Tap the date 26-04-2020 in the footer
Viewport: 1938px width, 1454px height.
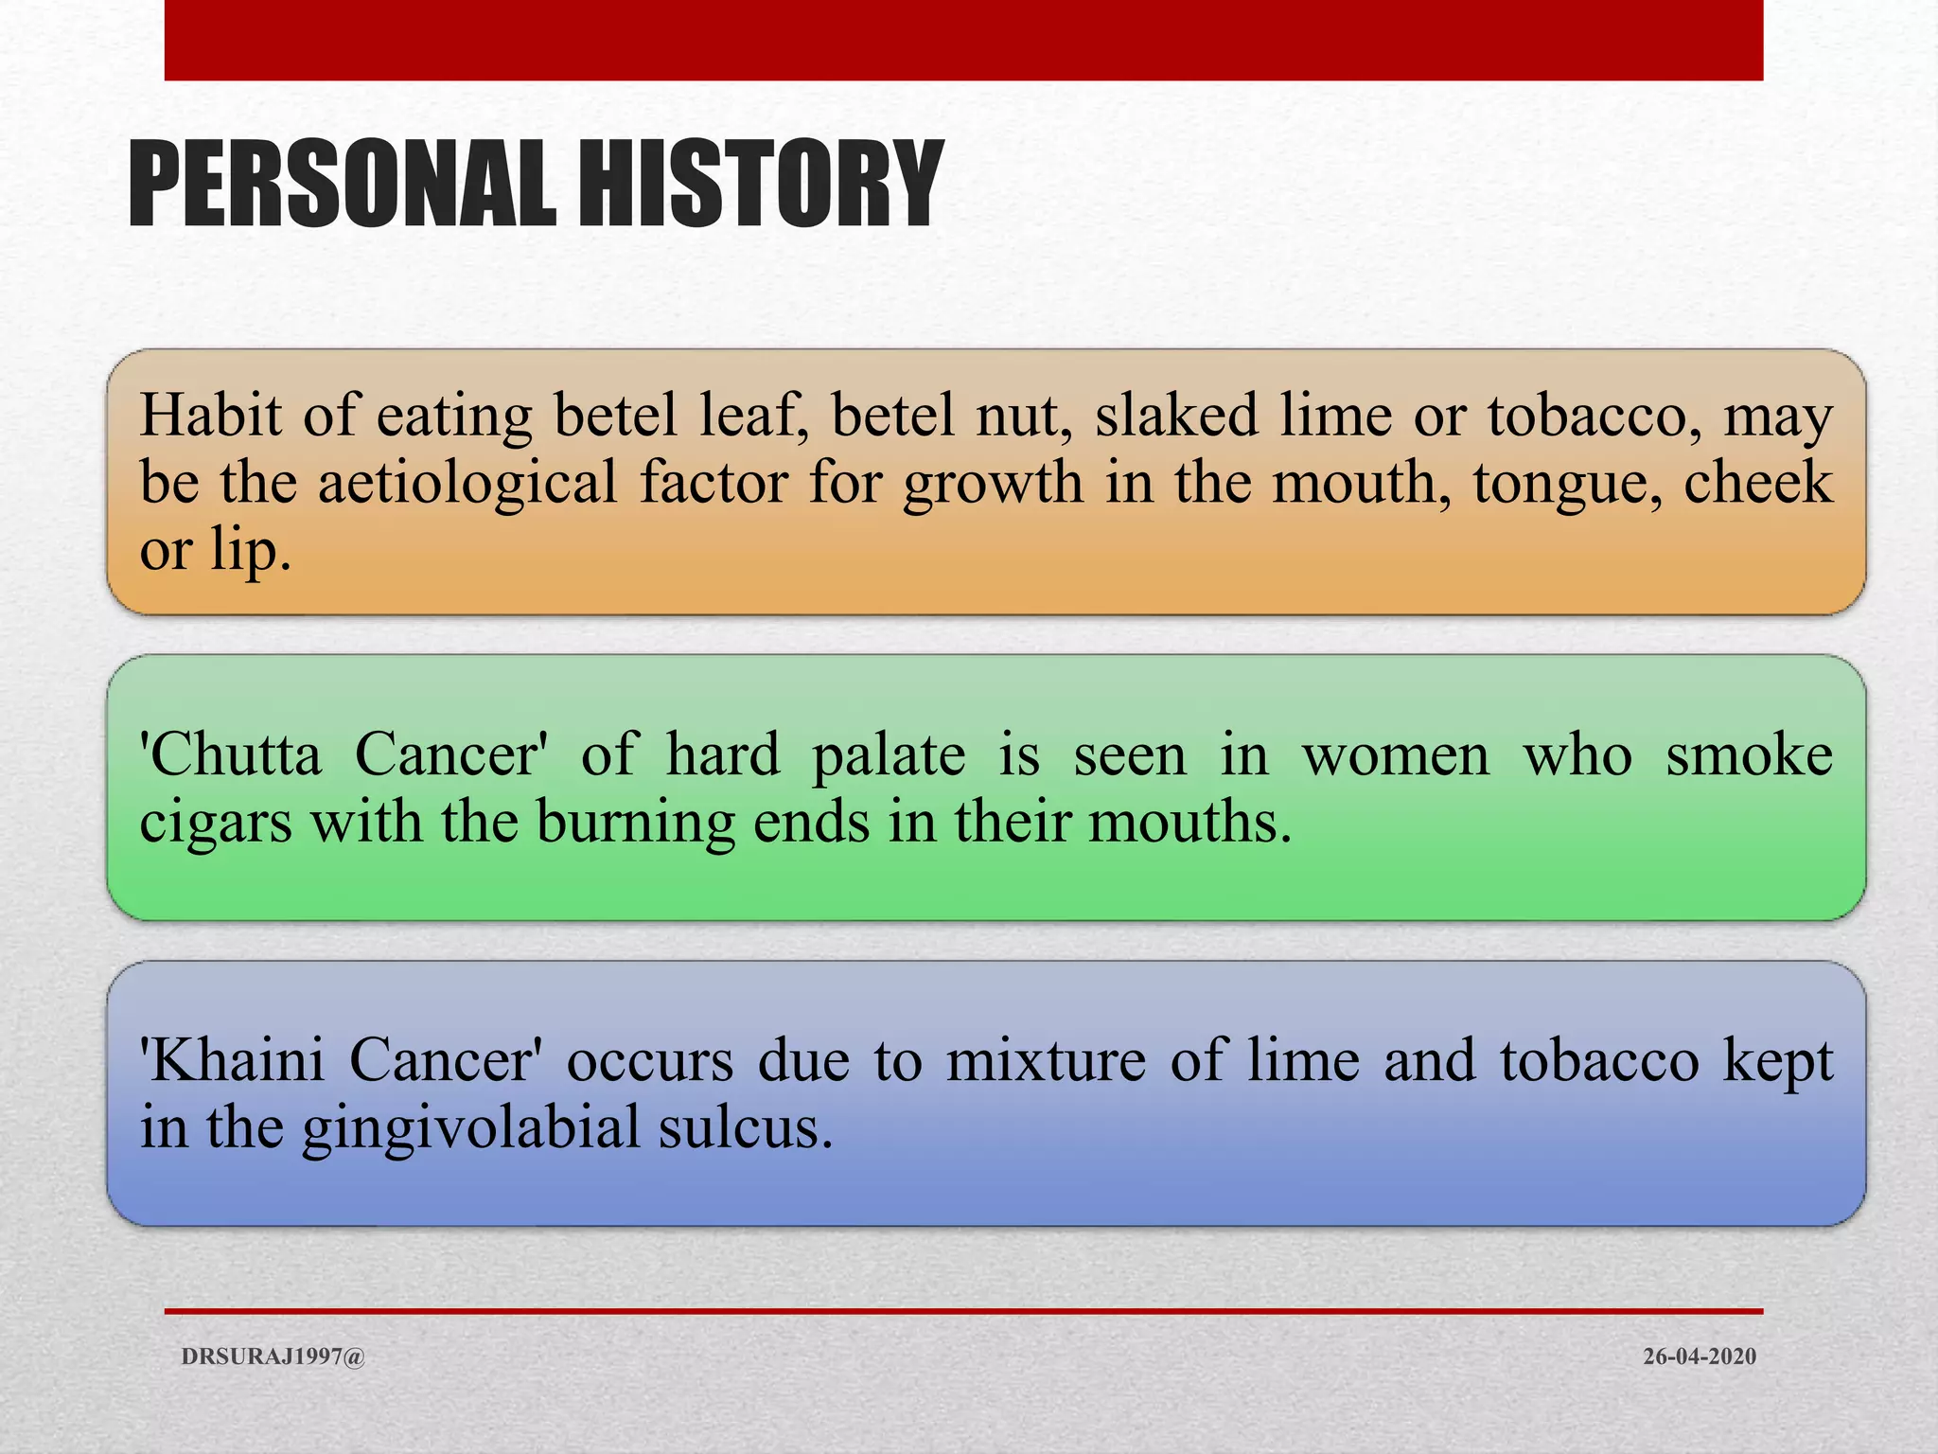click(1699, 1356)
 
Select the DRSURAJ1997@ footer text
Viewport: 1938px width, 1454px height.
click(273, 1356)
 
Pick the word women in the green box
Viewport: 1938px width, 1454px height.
click(1396, 756)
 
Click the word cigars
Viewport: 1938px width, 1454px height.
click(215, 824)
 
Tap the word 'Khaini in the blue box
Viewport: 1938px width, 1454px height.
click(232, 1060)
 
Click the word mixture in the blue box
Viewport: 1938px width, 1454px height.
click(1046, 1060)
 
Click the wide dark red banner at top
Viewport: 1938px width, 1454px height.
click(963, 40)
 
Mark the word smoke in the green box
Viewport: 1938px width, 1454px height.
click(1749, 754)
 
